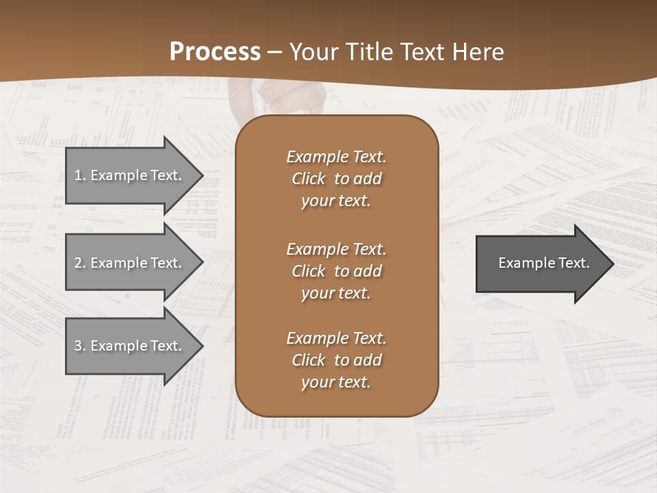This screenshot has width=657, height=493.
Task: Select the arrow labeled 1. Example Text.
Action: pos(130,175)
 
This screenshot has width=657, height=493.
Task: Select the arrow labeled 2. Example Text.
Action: pos(130,263)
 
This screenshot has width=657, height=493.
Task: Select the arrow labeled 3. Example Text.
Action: pos(130,346)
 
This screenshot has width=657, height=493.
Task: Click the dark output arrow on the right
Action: pos(541,263)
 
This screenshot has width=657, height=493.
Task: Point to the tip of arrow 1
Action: pos(203,175)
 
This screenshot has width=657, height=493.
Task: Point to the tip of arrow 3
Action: pos(203,346)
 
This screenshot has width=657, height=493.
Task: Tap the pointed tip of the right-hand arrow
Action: pos(613,263)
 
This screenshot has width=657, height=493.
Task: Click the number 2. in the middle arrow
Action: pos(80,263)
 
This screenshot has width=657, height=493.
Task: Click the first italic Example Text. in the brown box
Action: pos(336,157)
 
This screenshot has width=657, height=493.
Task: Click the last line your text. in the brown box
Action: pos(336,382)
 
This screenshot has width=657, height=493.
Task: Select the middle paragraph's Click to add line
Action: pos(336,271)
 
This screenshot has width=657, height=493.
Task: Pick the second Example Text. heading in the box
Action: pos(336,249)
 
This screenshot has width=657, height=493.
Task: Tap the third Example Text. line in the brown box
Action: pos(336,338)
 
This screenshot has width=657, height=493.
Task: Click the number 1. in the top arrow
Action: pos(80,175)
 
